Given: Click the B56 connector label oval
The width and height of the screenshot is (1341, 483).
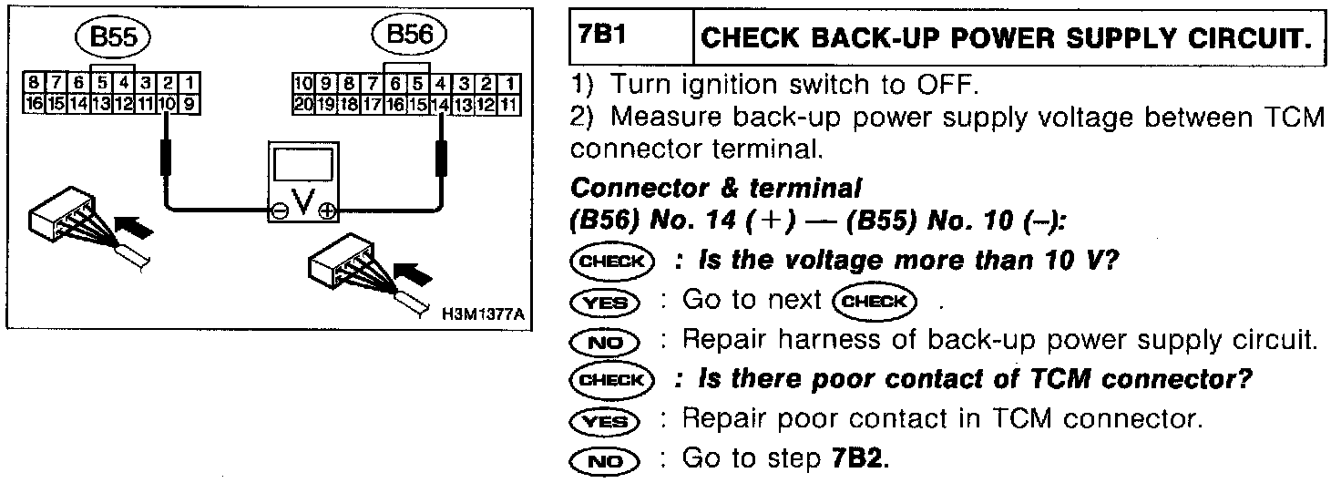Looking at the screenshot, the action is [x=409, y=37].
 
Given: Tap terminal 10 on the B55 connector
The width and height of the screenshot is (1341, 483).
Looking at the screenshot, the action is [x=167, y=104].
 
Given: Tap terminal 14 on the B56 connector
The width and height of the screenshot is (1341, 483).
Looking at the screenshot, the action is [x=441, y=104].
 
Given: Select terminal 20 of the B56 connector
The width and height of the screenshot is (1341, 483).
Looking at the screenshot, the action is [x=303, y=104].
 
